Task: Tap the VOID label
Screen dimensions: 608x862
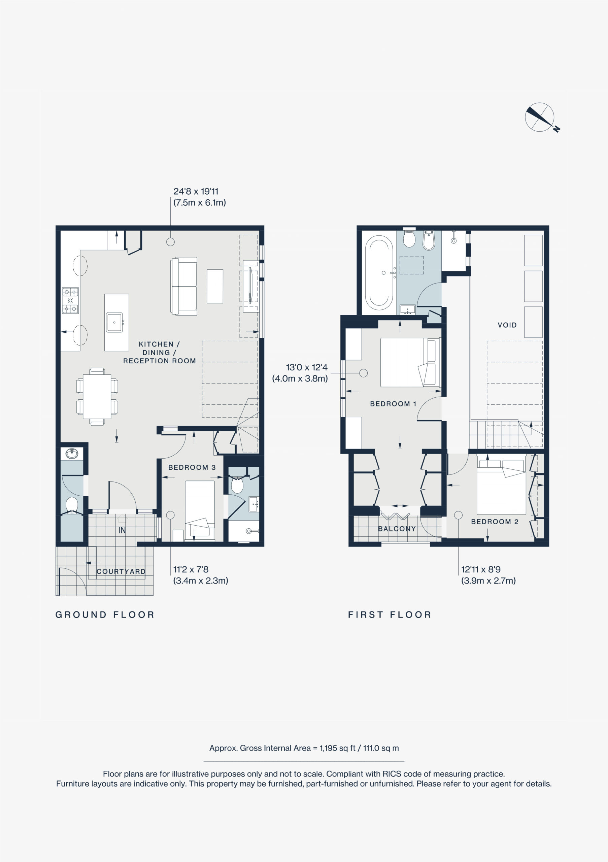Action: [507, 325]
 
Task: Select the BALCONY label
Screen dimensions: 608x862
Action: [397, 529]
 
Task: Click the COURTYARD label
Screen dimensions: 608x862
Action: [121, 571]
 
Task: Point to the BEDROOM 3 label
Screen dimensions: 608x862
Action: [192, 467]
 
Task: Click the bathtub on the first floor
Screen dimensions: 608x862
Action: [379, 272]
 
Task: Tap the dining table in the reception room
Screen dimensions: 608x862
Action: [97, 396]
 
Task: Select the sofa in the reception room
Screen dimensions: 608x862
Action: [184, 286]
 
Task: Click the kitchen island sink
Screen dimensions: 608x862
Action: [114, 323]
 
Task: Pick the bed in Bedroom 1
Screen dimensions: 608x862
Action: [410, 362]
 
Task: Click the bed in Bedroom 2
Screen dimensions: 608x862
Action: [501, 487]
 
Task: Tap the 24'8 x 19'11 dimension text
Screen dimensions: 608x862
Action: [196, 191]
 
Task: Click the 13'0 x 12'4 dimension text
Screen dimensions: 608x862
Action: [307, 368]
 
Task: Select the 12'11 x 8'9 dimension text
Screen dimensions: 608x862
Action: [481, 569]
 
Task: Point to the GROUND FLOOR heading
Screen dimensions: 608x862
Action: [105, 615]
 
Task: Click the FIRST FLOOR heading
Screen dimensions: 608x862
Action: [390, 615]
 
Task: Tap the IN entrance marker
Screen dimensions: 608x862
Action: [122, 530]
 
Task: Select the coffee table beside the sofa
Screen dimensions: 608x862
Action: [215, 286]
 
